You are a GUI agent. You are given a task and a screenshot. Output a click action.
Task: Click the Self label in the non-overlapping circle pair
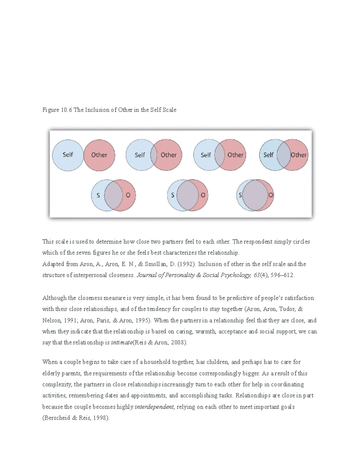coord(68,155)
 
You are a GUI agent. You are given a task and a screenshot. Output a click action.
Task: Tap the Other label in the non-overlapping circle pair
coord(99,155)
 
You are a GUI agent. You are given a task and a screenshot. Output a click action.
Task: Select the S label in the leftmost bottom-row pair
coord(98,195)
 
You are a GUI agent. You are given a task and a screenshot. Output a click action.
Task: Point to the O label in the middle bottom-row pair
coord(203,195)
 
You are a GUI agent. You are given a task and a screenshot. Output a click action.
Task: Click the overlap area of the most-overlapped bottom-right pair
coord(255,195)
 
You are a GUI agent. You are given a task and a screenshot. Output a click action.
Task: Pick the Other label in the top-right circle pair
coord(299,155)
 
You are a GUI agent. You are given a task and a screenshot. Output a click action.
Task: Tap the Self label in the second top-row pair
coord(139,155)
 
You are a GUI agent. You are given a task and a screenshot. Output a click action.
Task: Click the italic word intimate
coord(121,343)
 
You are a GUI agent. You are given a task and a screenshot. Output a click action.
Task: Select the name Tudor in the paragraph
coord(287,309)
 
